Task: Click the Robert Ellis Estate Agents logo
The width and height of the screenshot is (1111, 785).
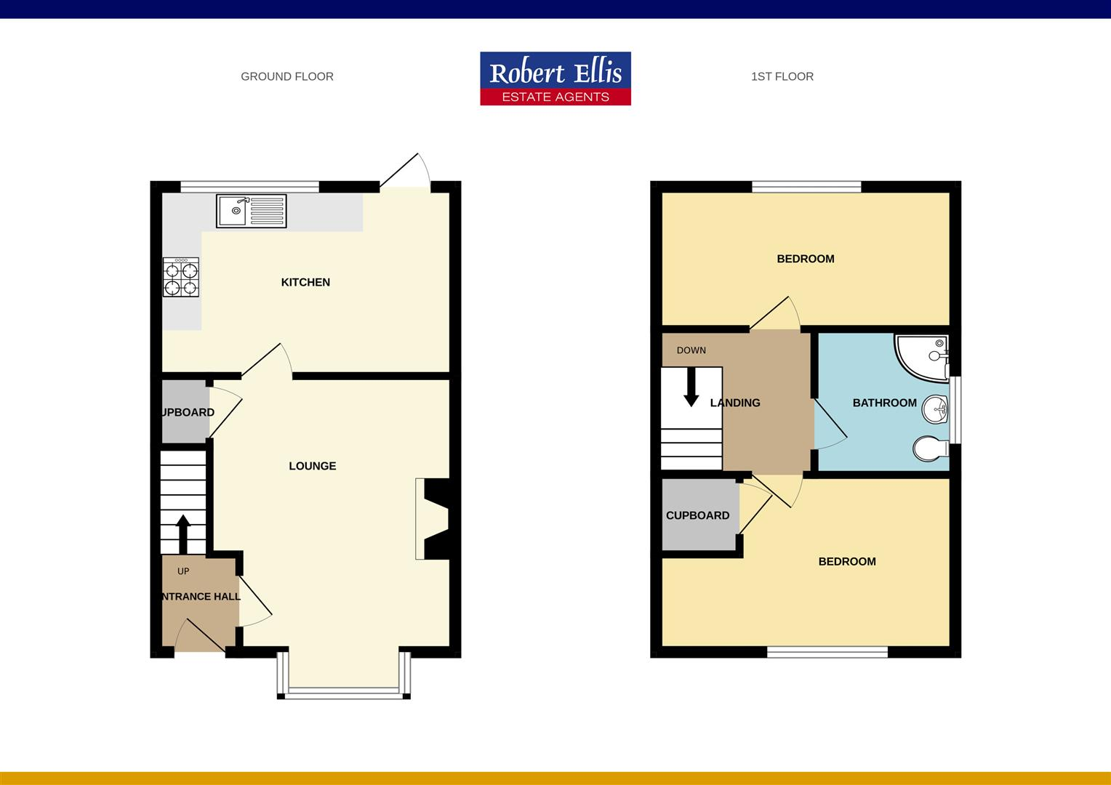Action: tap(555, 78)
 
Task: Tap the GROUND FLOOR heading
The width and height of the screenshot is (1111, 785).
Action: tap(287, 76)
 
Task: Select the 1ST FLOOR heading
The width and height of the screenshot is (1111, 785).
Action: tap(782, 76)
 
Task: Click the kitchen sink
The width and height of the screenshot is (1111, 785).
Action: tap(251, 211)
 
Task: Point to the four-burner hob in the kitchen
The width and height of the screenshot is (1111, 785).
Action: tap(181, 278)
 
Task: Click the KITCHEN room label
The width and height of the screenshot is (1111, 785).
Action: tap(305, 282)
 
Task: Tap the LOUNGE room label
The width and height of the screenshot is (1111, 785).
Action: tap(313, 466)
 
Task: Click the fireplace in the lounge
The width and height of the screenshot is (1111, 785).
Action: tap(433, 518)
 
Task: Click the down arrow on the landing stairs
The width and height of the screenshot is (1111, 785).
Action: tap(691, 387)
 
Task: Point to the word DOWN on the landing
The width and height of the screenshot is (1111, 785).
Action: tap(691, 350)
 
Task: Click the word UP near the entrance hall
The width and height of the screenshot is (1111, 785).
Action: tap(183, 571)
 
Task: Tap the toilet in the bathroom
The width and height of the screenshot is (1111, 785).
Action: tap(931, 448)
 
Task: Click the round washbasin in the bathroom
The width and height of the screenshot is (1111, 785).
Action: tap(935, 409)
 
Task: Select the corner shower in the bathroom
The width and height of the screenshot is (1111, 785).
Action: tap(922, 356)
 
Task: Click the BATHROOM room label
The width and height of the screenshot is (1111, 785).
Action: tap(884, 403)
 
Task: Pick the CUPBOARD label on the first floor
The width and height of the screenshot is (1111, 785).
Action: tap(697, 515)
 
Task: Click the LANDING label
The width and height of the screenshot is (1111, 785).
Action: tap(735, 403)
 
